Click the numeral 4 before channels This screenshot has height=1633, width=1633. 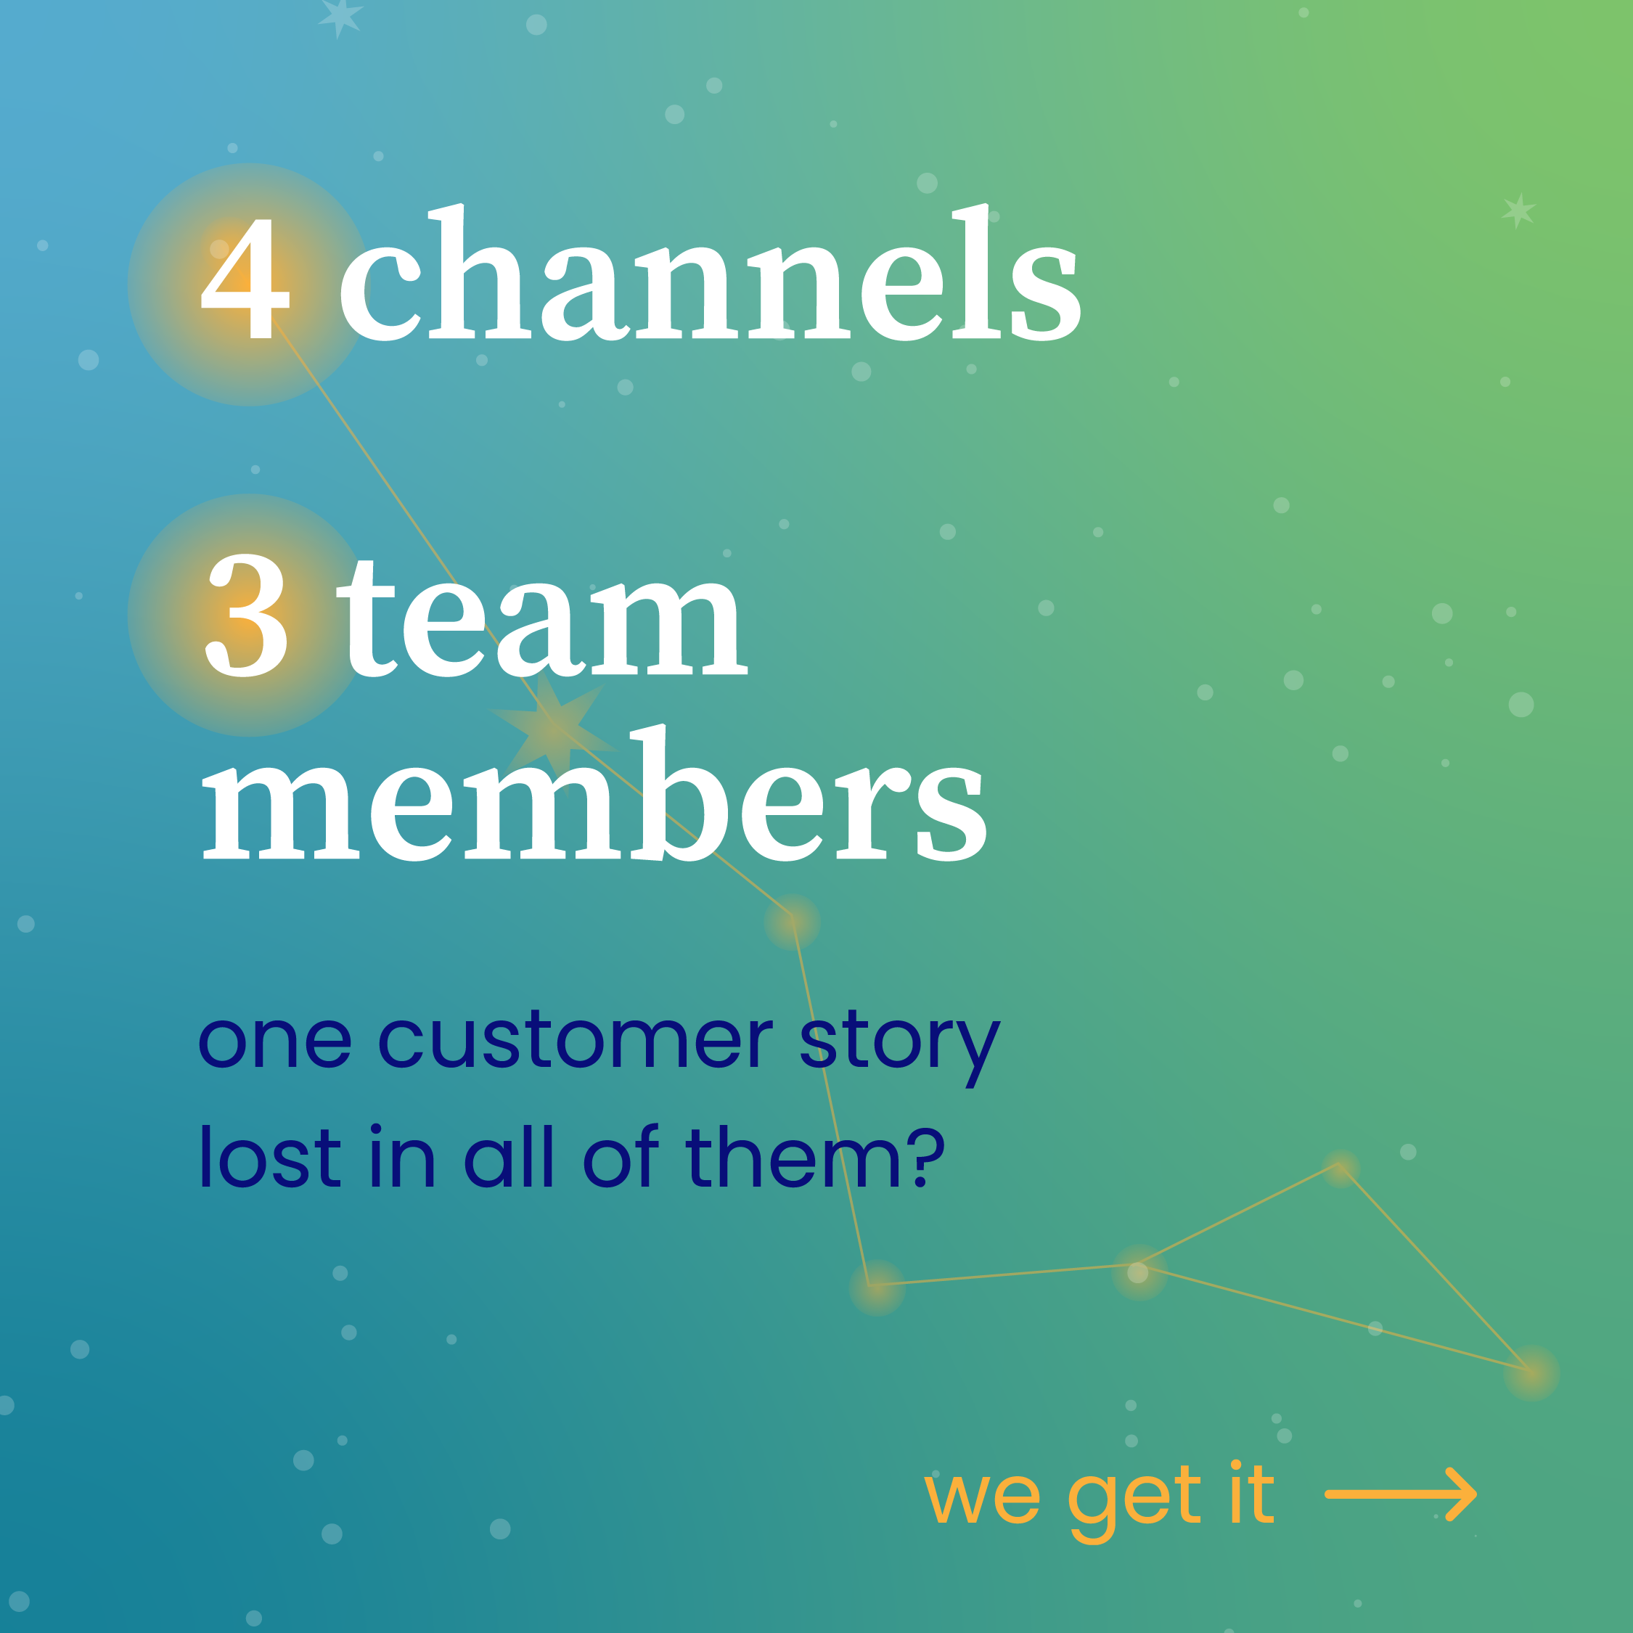tap(246, 279)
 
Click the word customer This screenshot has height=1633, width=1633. tap(575, 1041)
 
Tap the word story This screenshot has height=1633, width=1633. tap(899, 1044)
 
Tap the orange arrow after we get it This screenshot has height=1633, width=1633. tap(1401, 1494)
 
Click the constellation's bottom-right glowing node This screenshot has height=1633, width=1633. tap(1531, 1372)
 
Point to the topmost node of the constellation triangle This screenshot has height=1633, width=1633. tap(1341, 1167)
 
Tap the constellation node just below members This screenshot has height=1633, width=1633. tap(792, 921)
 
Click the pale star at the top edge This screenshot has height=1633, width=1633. tap(340, 17)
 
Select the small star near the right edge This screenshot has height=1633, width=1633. tap(1519, 210)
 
